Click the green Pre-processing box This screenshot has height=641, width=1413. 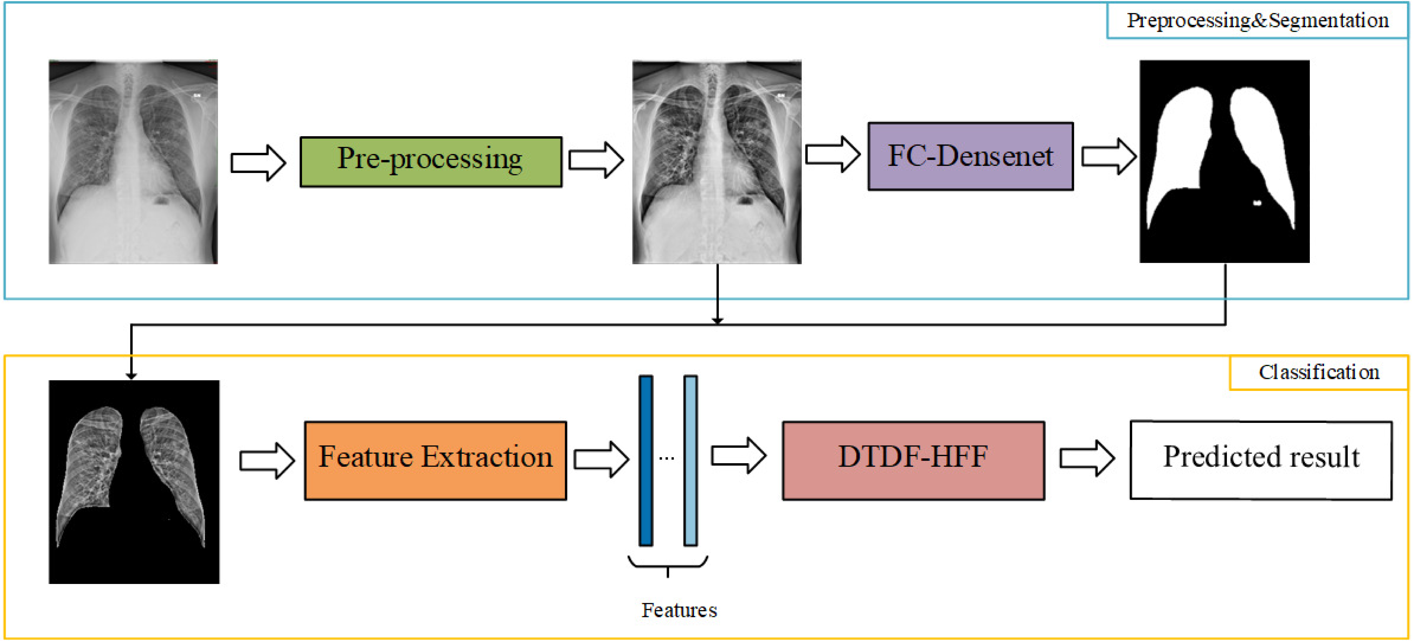click(431, 162)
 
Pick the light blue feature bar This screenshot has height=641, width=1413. click(691, 460)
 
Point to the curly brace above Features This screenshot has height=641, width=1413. click(668, 564)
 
